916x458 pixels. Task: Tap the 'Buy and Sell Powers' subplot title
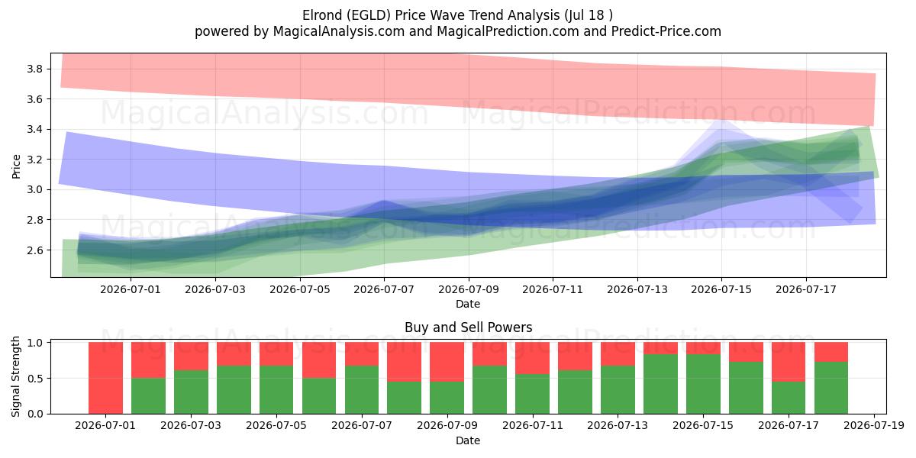click(x=468, y=327)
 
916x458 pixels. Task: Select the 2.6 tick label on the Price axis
click(x=35, y=250)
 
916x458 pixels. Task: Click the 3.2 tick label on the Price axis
click(x=35, y=160)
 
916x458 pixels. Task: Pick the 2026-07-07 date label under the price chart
click(x=384, y=289)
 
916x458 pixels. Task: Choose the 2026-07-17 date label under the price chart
click(x=806, y=289)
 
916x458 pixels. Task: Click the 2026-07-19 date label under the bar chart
click(x=874, y=425)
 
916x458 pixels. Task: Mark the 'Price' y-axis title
click(x=16, y=166)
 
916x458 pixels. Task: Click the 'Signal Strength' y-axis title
click(x=15, y=376)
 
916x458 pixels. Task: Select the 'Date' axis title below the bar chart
click(x=468, y=440)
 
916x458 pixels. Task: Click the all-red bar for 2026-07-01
click(x=105, y=378)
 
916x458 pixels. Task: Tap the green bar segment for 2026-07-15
click(x=703, y=384)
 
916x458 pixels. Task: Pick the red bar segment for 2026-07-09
click(x=447, y=362)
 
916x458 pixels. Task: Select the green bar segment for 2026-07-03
click(x=191, y=392)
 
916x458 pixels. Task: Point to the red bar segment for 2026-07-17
click(x=789, y=362)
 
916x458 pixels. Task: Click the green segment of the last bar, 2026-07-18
click(x=831, y=388)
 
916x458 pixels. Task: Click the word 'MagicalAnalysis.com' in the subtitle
click(x=339, y=31)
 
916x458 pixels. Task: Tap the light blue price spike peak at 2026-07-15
click(x=722, y=121)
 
